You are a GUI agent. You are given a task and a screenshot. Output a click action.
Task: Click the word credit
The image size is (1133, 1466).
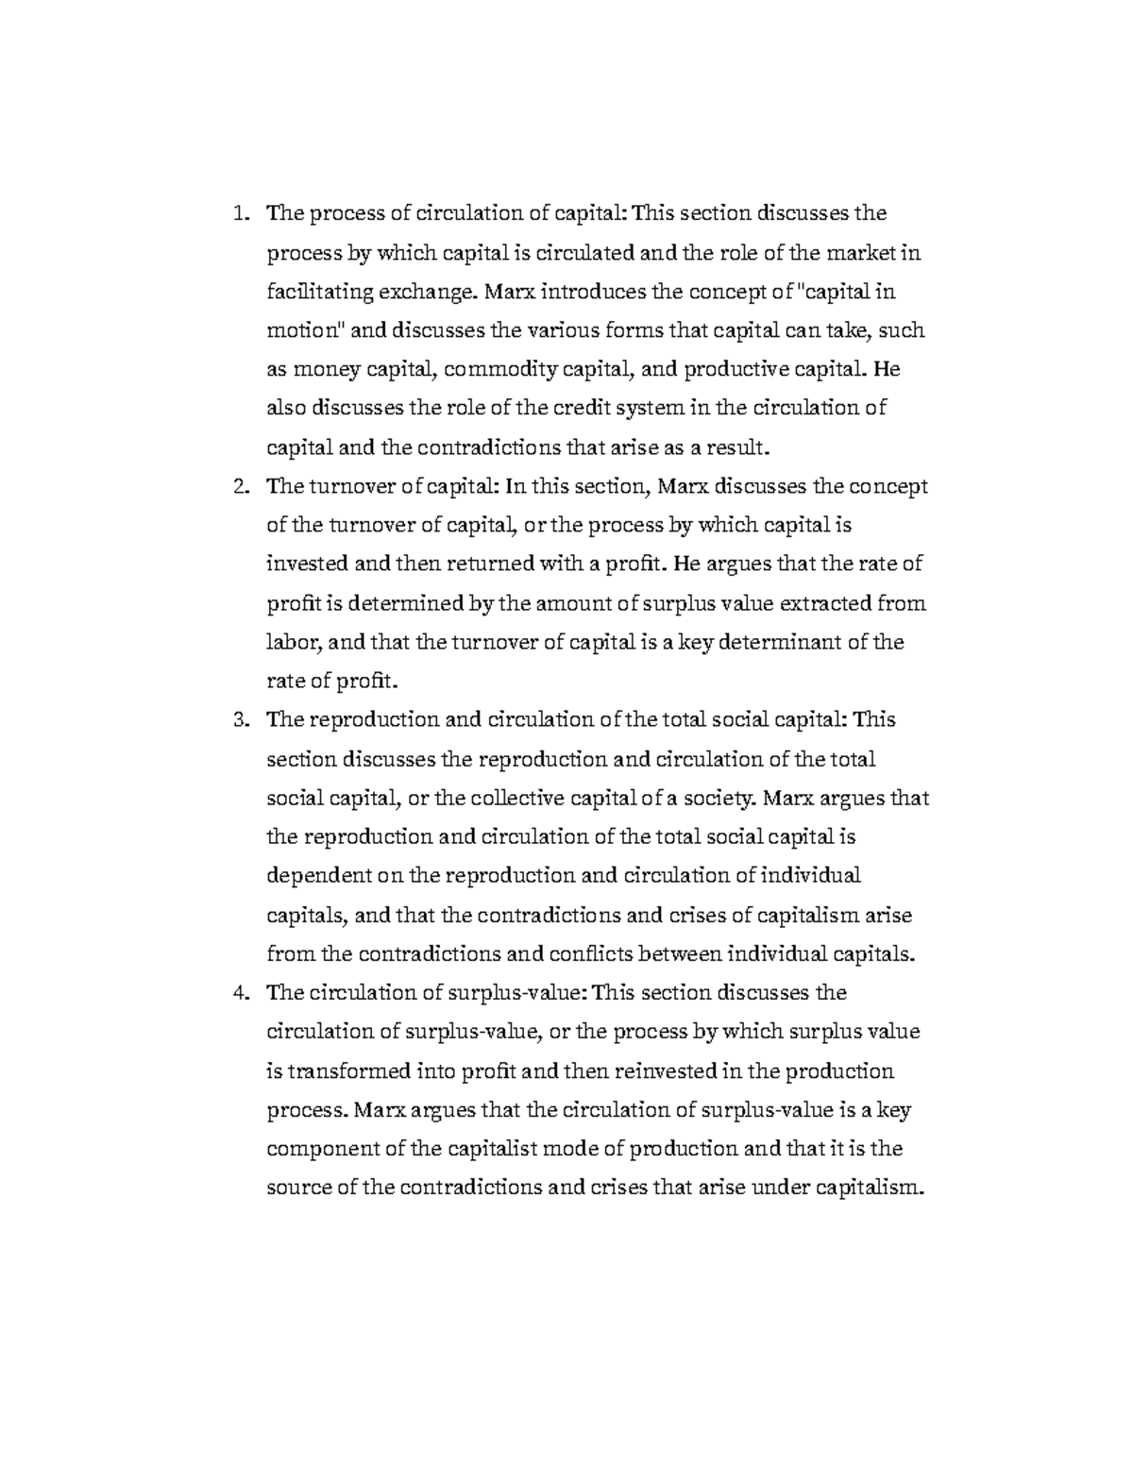click(582, 409)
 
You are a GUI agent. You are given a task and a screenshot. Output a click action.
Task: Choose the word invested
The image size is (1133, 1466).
click(307, 564)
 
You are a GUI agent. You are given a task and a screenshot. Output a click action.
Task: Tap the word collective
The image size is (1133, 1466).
click(513, 799)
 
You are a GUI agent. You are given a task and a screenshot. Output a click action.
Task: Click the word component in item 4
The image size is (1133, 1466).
click(323, 1149)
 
